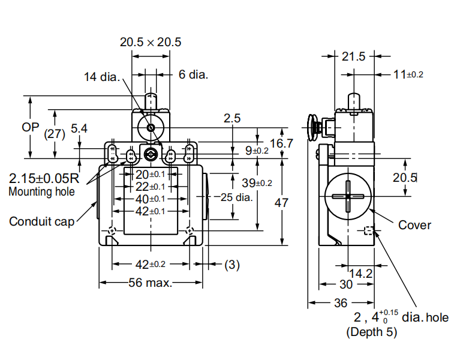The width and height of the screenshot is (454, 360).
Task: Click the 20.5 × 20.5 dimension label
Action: click(151, 42)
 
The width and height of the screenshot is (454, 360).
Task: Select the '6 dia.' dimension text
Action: click(193, 74)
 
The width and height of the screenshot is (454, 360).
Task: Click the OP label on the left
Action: click(31, 127)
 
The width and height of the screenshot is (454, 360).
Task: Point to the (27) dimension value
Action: click(55, 134)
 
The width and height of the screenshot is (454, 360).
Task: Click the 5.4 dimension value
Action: click(79, 128)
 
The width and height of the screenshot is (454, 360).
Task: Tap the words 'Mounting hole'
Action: click(42, 192)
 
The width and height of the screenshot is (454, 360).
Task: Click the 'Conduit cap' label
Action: click(41, 221)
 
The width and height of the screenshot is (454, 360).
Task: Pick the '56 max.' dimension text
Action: click(149, 283)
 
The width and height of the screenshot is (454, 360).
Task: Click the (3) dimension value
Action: click(232, 264)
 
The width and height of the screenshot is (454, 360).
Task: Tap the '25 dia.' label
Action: click(236, 197)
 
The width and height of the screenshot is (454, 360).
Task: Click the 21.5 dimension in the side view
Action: click(353, 57)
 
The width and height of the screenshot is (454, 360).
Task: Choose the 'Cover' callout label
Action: click(414, 225)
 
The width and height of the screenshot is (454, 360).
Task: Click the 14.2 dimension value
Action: click(360, 274)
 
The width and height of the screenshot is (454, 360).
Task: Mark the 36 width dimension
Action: click(340, 303)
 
